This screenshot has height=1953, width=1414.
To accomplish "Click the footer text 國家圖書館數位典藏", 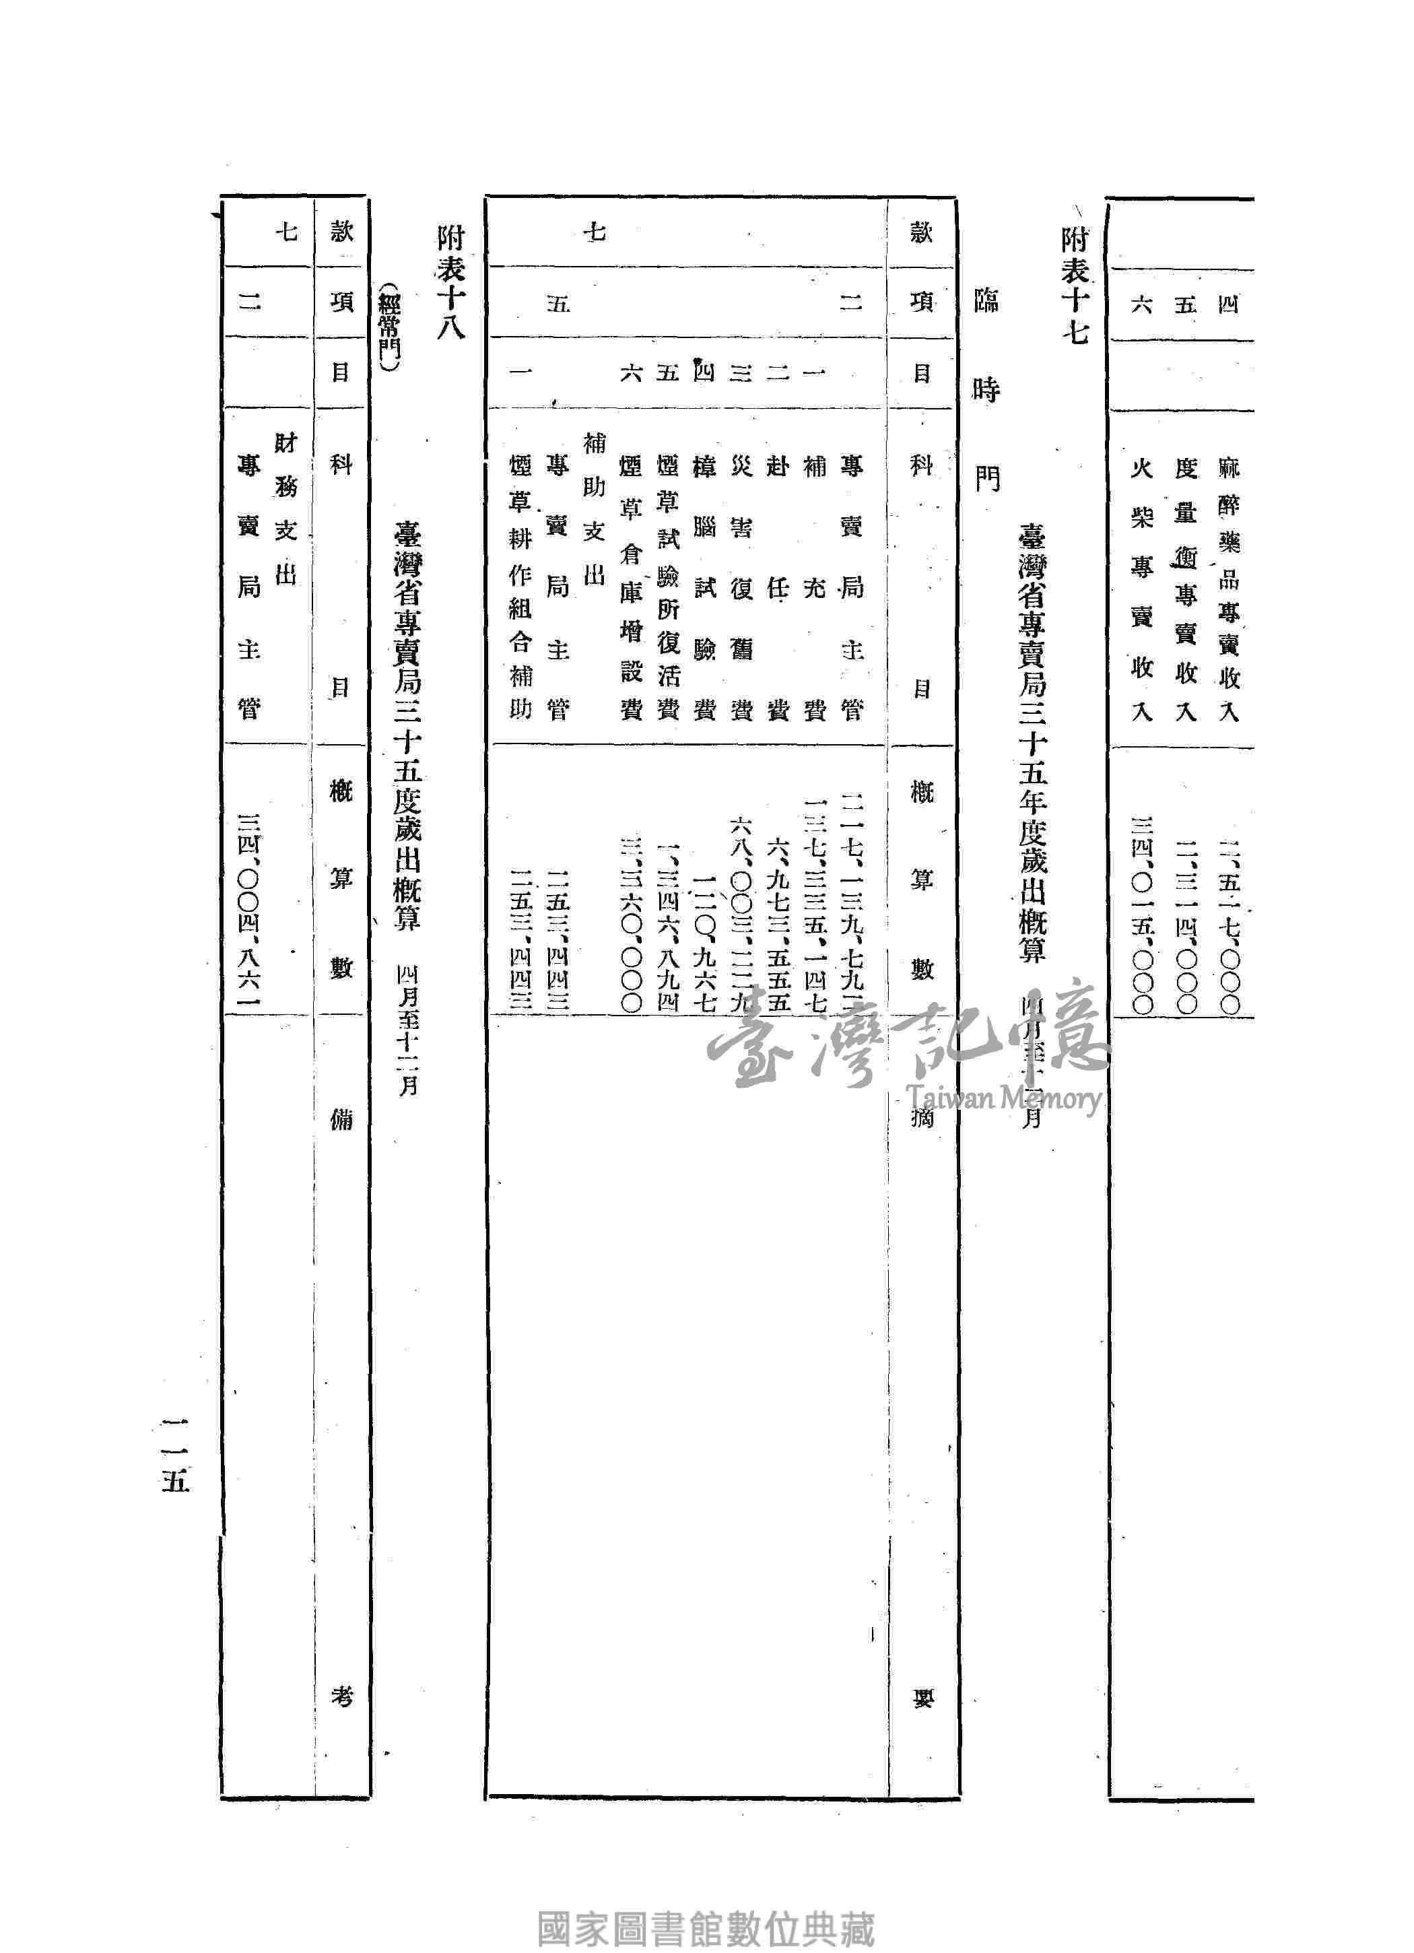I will click(706, 1907).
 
